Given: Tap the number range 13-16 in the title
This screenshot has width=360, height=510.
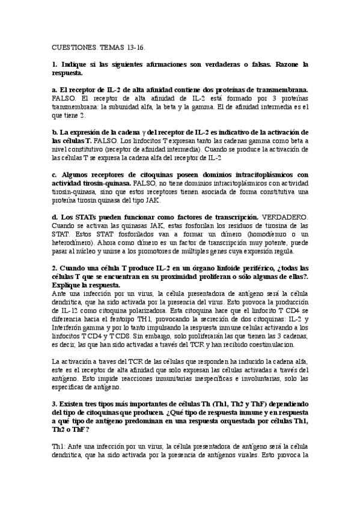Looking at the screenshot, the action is pyautogui.click(x=136, y=46).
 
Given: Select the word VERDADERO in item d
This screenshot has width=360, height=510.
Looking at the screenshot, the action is pyautogui.click(x=283, y=217).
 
